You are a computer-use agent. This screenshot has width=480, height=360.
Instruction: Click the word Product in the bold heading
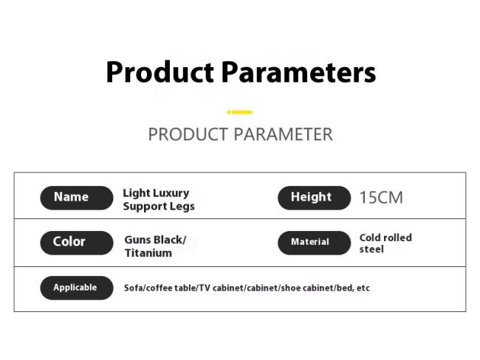click(x=160, y=72)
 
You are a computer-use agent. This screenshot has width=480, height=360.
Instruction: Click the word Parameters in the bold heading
click(x=298, y=72)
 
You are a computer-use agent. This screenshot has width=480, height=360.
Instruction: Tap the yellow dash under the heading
click(x=240, y=112)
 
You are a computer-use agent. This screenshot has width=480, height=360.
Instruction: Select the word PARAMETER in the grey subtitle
click(x=283, y=134)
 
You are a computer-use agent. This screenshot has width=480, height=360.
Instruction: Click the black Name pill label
click(x=77, y=198)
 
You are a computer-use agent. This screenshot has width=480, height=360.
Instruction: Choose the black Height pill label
click(x=314, y=198)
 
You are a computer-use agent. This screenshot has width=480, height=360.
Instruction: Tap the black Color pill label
click(x=77, y=243)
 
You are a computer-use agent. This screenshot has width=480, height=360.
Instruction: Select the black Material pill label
click(x=314, y=243)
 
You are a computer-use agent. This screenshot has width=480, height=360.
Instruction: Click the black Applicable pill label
click(x=77, y=288)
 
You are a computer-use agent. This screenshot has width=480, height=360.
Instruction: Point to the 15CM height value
click(x=381, y=198)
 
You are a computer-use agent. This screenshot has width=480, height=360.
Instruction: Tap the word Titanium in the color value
click(x=148, y=253)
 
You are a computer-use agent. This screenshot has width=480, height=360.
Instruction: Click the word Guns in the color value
click(x=137, y=240)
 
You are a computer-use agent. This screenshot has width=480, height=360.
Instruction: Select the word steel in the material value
click(x=371, y=249)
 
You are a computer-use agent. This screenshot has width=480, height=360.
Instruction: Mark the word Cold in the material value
click(x=369, y=238)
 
